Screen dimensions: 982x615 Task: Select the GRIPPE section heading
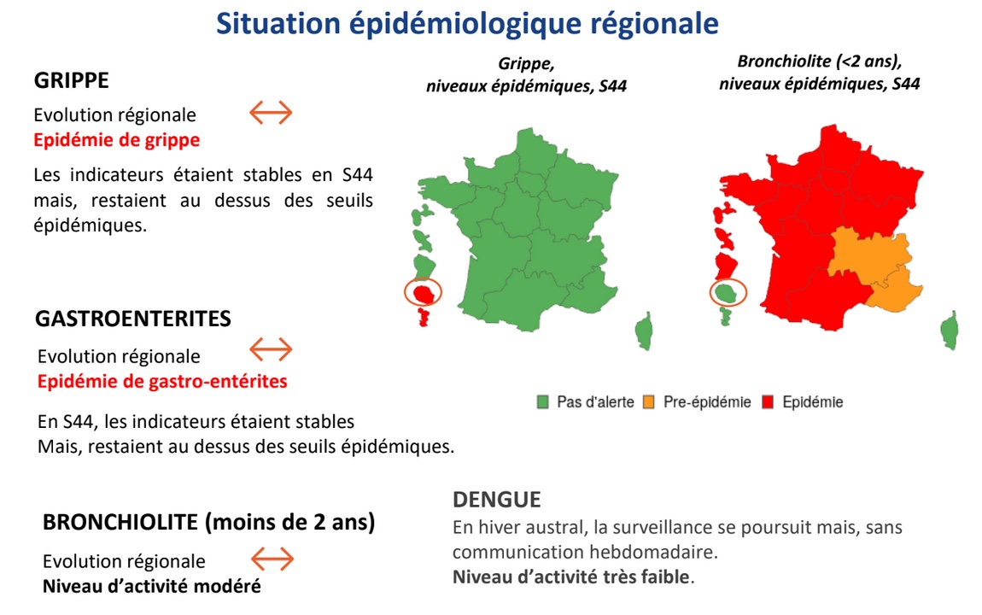click(72, 80)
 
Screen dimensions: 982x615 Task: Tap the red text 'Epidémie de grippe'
click(116, 140)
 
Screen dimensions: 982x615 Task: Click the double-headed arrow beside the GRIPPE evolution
click(272, 113)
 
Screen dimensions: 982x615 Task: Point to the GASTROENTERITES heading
click(132, 318)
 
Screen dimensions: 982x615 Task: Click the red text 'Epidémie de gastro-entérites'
click(162, 381)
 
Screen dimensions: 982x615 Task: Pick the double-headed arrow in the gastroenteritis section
click(272, 349)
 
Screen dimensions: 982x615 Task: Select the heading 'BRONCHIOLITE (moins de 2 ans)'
click(208, 522)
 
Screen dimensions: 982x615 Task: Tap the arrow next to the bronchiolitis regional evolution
click(272, 559)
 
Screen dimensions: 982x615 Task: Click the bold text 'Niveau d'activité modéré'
click(151, 586)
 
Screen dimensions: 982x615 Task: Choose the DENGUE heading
click(497, 499)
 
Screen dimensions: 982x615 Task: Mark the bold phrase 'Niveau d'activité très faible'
click(571, 577)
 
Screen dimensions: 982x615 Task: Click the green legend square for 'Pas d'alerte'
click(542, 402)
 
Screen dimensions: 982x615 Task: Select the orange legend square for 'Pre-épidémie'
click(649, 402)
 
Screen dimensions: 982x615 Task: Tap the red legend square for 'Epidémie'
click(768, 402)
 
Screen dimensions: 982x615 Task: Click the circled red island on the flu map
click(424, 293)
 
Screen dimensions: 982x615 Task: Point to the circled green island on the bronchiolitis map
click(727, 292)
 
